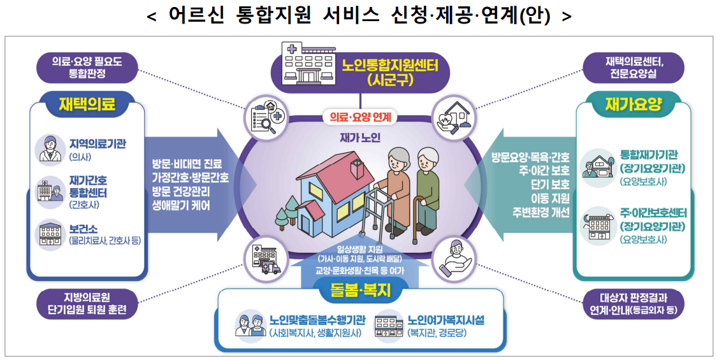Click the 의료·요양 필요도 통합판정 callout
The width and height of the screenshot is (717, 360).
pos(87,68)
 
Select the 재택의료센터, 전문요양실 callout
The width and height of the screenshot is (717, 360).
pos(634,68)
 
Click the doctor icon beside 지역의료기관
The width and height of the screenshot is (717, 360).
pos(50,148)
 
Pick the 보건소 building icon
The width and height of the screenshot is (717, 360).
pos(50,234)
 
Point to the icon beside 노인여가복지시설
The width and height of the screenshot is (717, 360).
pos(389,324)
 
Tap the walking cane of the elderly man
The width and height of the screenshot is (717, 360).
pos(416,220)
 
